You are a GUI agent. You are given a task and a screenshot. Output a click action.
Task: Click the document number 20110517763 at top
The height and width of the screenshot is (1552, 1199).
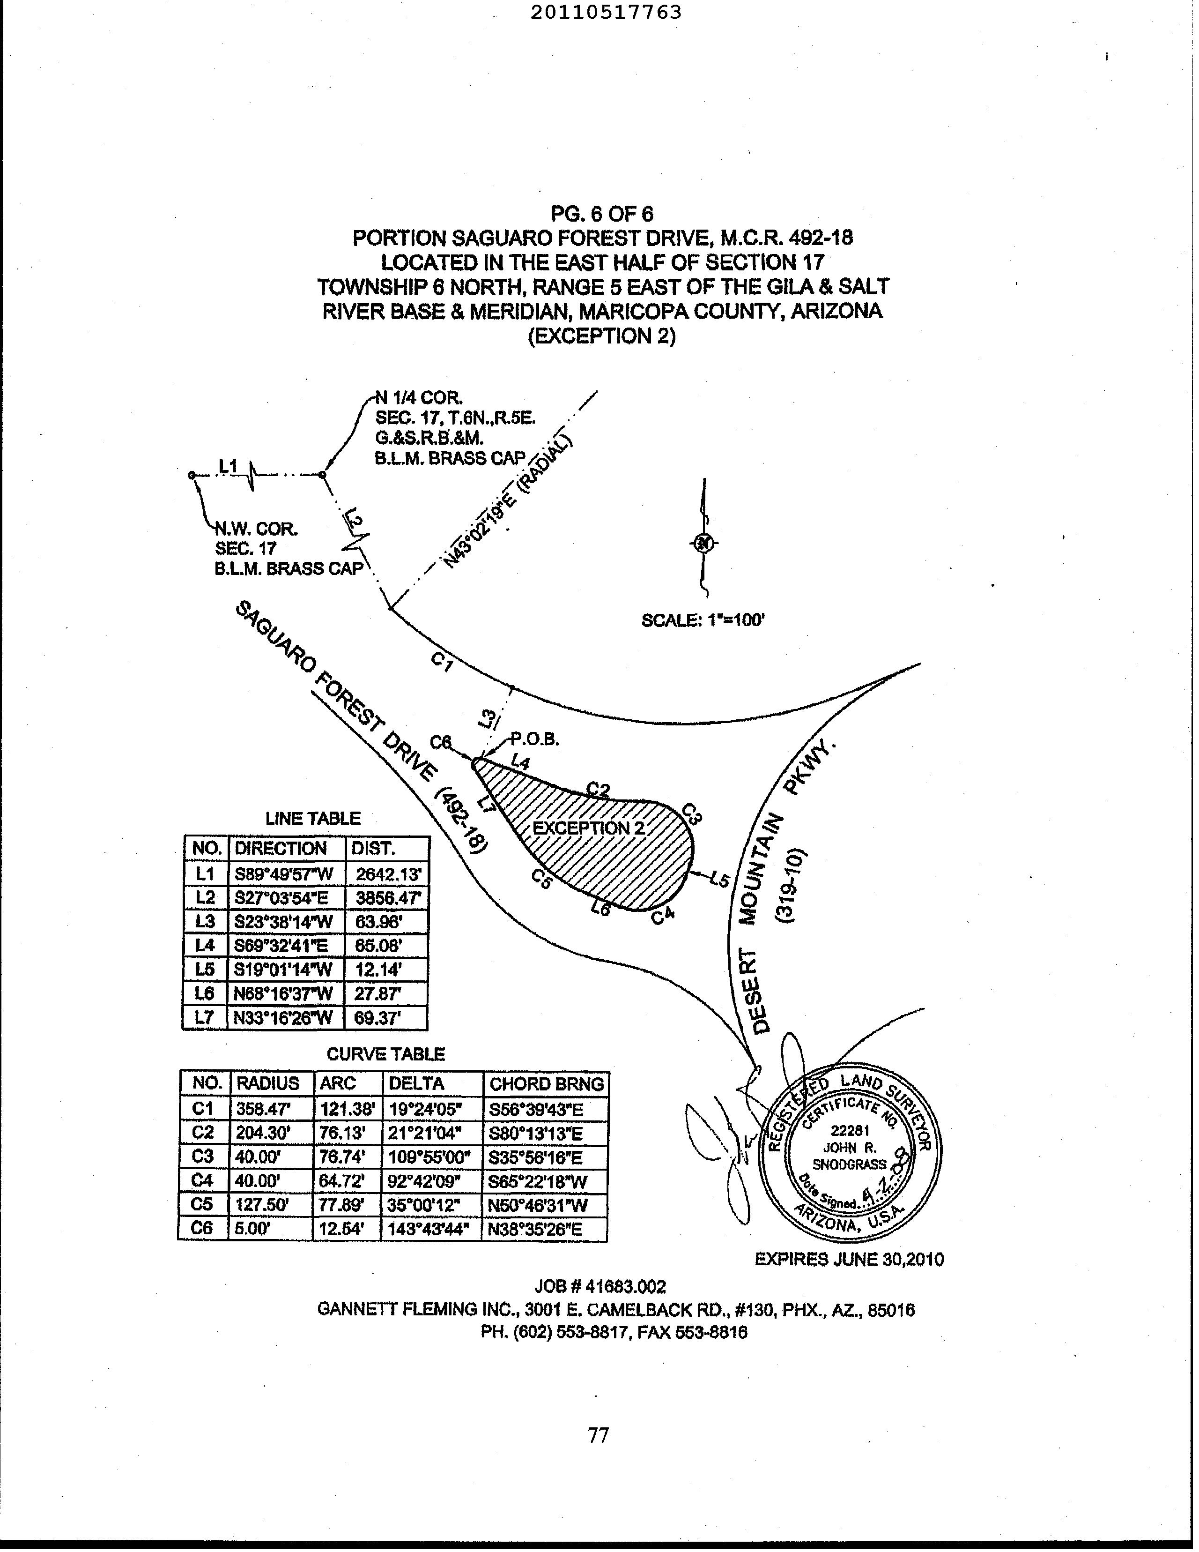click(606, 12)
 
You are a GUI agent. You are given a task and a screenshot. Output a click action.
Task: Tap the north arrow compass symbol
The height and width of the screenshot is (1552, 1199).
click(703, 544)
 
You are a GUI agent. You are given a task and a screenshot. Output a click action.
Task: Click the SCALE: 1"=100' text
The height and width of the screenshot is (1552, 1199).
click(703, 620)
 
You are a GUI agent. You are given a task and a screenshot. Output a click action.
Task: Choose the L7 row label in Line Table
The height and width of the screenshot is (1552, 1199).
click(205, 1018)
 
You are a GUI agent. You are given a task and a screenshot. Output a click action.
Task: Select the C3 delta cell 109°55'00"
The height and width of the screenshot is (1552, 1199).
click(429, 1157)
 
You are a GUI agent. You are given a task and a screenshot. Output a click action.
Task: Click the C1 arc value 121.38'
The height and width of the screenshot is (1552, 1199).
click(347, 1109)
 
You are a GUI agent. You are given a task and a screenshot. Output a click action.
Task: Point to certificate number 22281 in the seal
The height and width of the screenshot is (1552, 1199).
click(850, 1132)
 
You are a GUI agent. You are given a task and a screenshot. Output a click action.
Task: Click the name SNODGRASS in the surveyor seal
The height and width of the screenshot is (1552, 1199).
click(850, 1165)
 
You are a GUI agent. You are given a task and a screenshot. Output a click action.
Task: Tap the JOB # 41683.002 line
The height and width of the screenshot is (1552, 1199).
click(600, 1286)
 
